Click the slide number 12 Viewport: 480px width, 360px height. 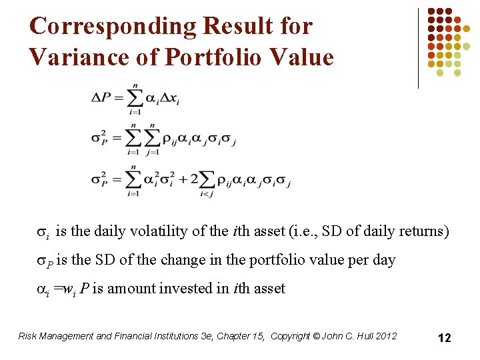445,338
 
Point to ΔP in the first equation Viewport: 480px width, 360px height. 102,97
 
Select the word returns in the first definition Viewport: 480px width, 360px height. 425,231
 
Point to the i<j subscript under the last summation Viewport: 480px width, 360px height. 207,194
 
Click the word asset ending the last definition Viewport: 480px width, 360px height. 270,289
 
